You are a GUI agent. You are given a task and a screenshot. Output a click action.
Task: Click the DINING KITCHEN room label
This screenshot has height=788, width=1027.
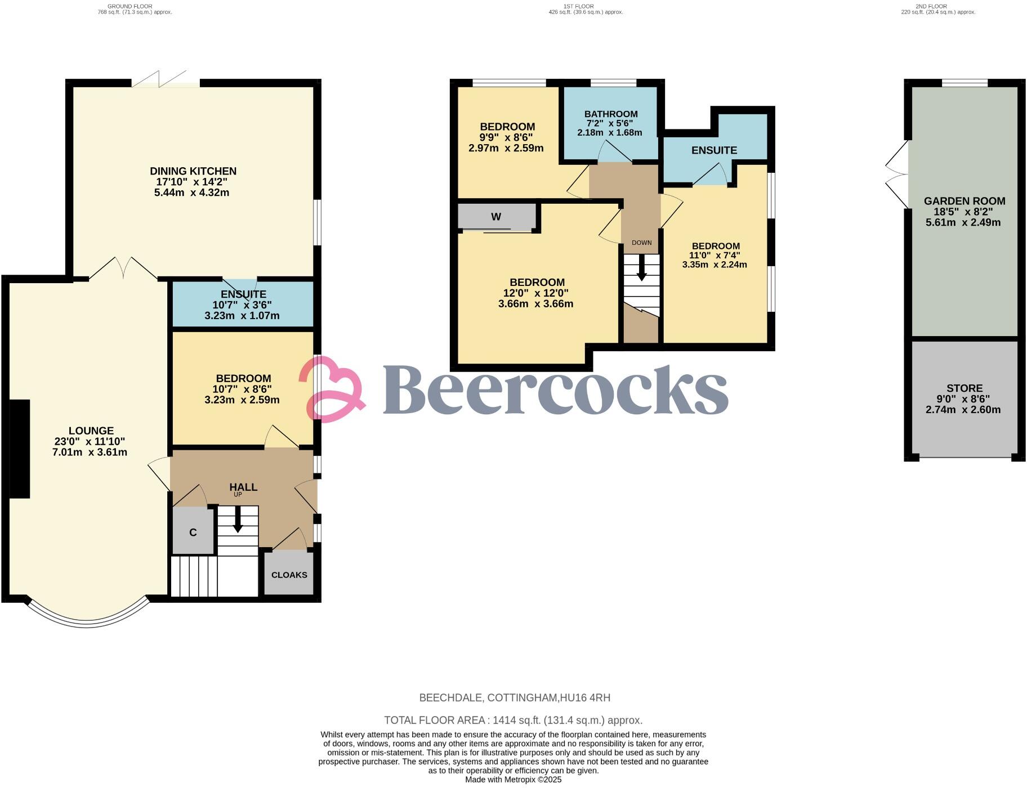[193, 171]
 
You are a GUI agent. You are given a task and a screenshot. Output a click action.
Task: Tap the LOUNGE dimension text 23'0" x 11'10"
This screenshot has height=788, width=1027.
[90, 442]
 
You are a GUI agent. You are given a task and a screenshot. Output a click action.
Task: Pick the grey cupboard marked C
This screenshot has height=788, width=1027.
[193, 532]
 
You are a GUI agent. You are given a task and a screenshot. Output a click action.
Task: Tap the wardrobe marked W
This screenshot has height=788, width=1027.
[496, 217]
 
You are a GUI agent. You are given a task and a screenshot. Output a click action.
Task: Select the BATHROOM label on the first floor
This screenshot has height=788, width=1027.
[610, 114]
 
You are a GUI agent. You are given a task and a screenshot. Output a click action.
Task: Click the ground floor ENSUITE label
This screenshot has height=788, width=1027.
[243, 294]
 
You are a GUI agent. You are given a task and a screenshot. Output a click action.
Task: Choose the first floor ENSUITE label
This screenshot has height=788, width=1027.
[714, 150]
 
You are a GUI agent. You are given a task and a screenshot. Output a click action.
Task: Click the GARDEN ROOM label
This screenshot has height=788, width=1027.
[964, 201]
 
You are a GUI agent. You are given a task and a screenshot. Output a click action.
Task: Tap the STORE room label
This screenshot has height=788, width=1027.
[964, 388]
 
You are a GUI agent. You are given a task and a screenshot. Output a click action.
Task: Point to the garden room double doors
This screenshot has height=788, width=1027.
[896, 174]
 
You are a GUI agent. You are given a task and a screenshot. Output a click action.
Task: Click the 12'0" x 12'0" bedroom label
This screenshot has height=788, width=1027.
[537, 283]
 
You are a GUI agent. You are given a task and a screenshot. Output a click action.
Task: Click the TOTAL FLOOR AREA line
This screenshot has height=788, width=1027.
[512, 720]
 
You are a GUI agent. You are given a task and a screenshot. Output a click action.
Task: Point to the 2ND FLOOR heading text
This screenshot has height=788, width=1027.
[931, 6]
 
